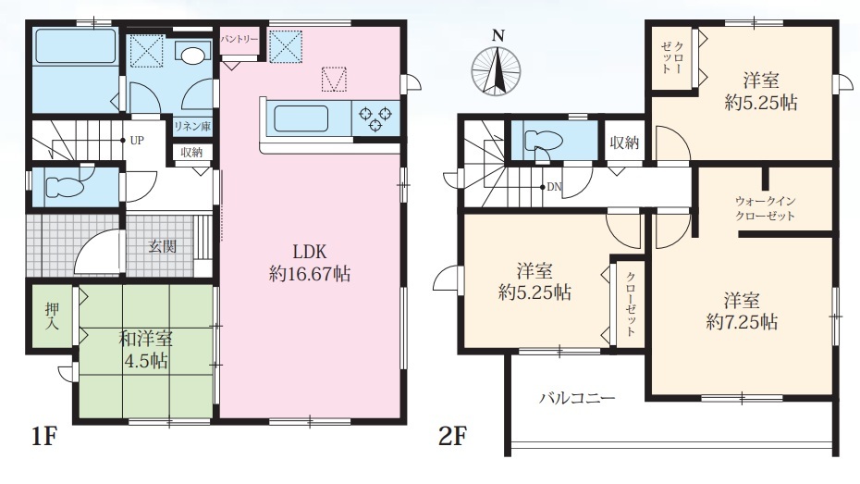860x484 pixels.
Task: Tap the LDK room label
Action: (x=310, y=252)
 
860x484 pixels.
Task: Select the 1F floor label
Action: (x=43, y=437)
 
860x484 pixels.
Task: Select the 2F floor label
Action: (x=452, y=437)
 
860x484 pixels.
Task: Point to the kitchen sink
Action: (x=301, y=118)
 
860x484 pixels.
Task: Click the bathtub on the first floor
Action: (x=76, y=45)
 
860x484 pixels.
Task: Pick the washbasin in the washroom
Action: (x=192, y=54)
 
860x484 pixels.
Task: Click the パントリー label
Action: (x=240, y=40)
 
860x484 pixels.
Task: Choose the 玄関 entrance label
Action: (x=163, y=246)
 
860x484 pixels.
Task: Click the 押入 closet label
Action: (x=52, y=316)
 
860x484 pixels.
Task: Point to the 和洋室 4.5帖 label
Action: (x=145, y=350)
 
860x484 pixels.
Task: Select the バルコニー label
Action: (x=577, y=398)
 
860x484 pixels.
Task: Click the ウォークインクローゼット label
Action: (x=765, y=208)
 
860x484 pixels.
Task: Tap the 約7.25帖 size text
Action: (x=742, y=321)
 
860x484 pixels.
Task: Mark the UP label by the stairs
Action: (x=137, y=141)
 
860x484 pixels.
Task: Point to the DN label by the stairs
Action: (x=555, y=187)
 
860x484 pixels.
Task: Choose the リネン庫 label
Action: (x=192, y=126)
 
